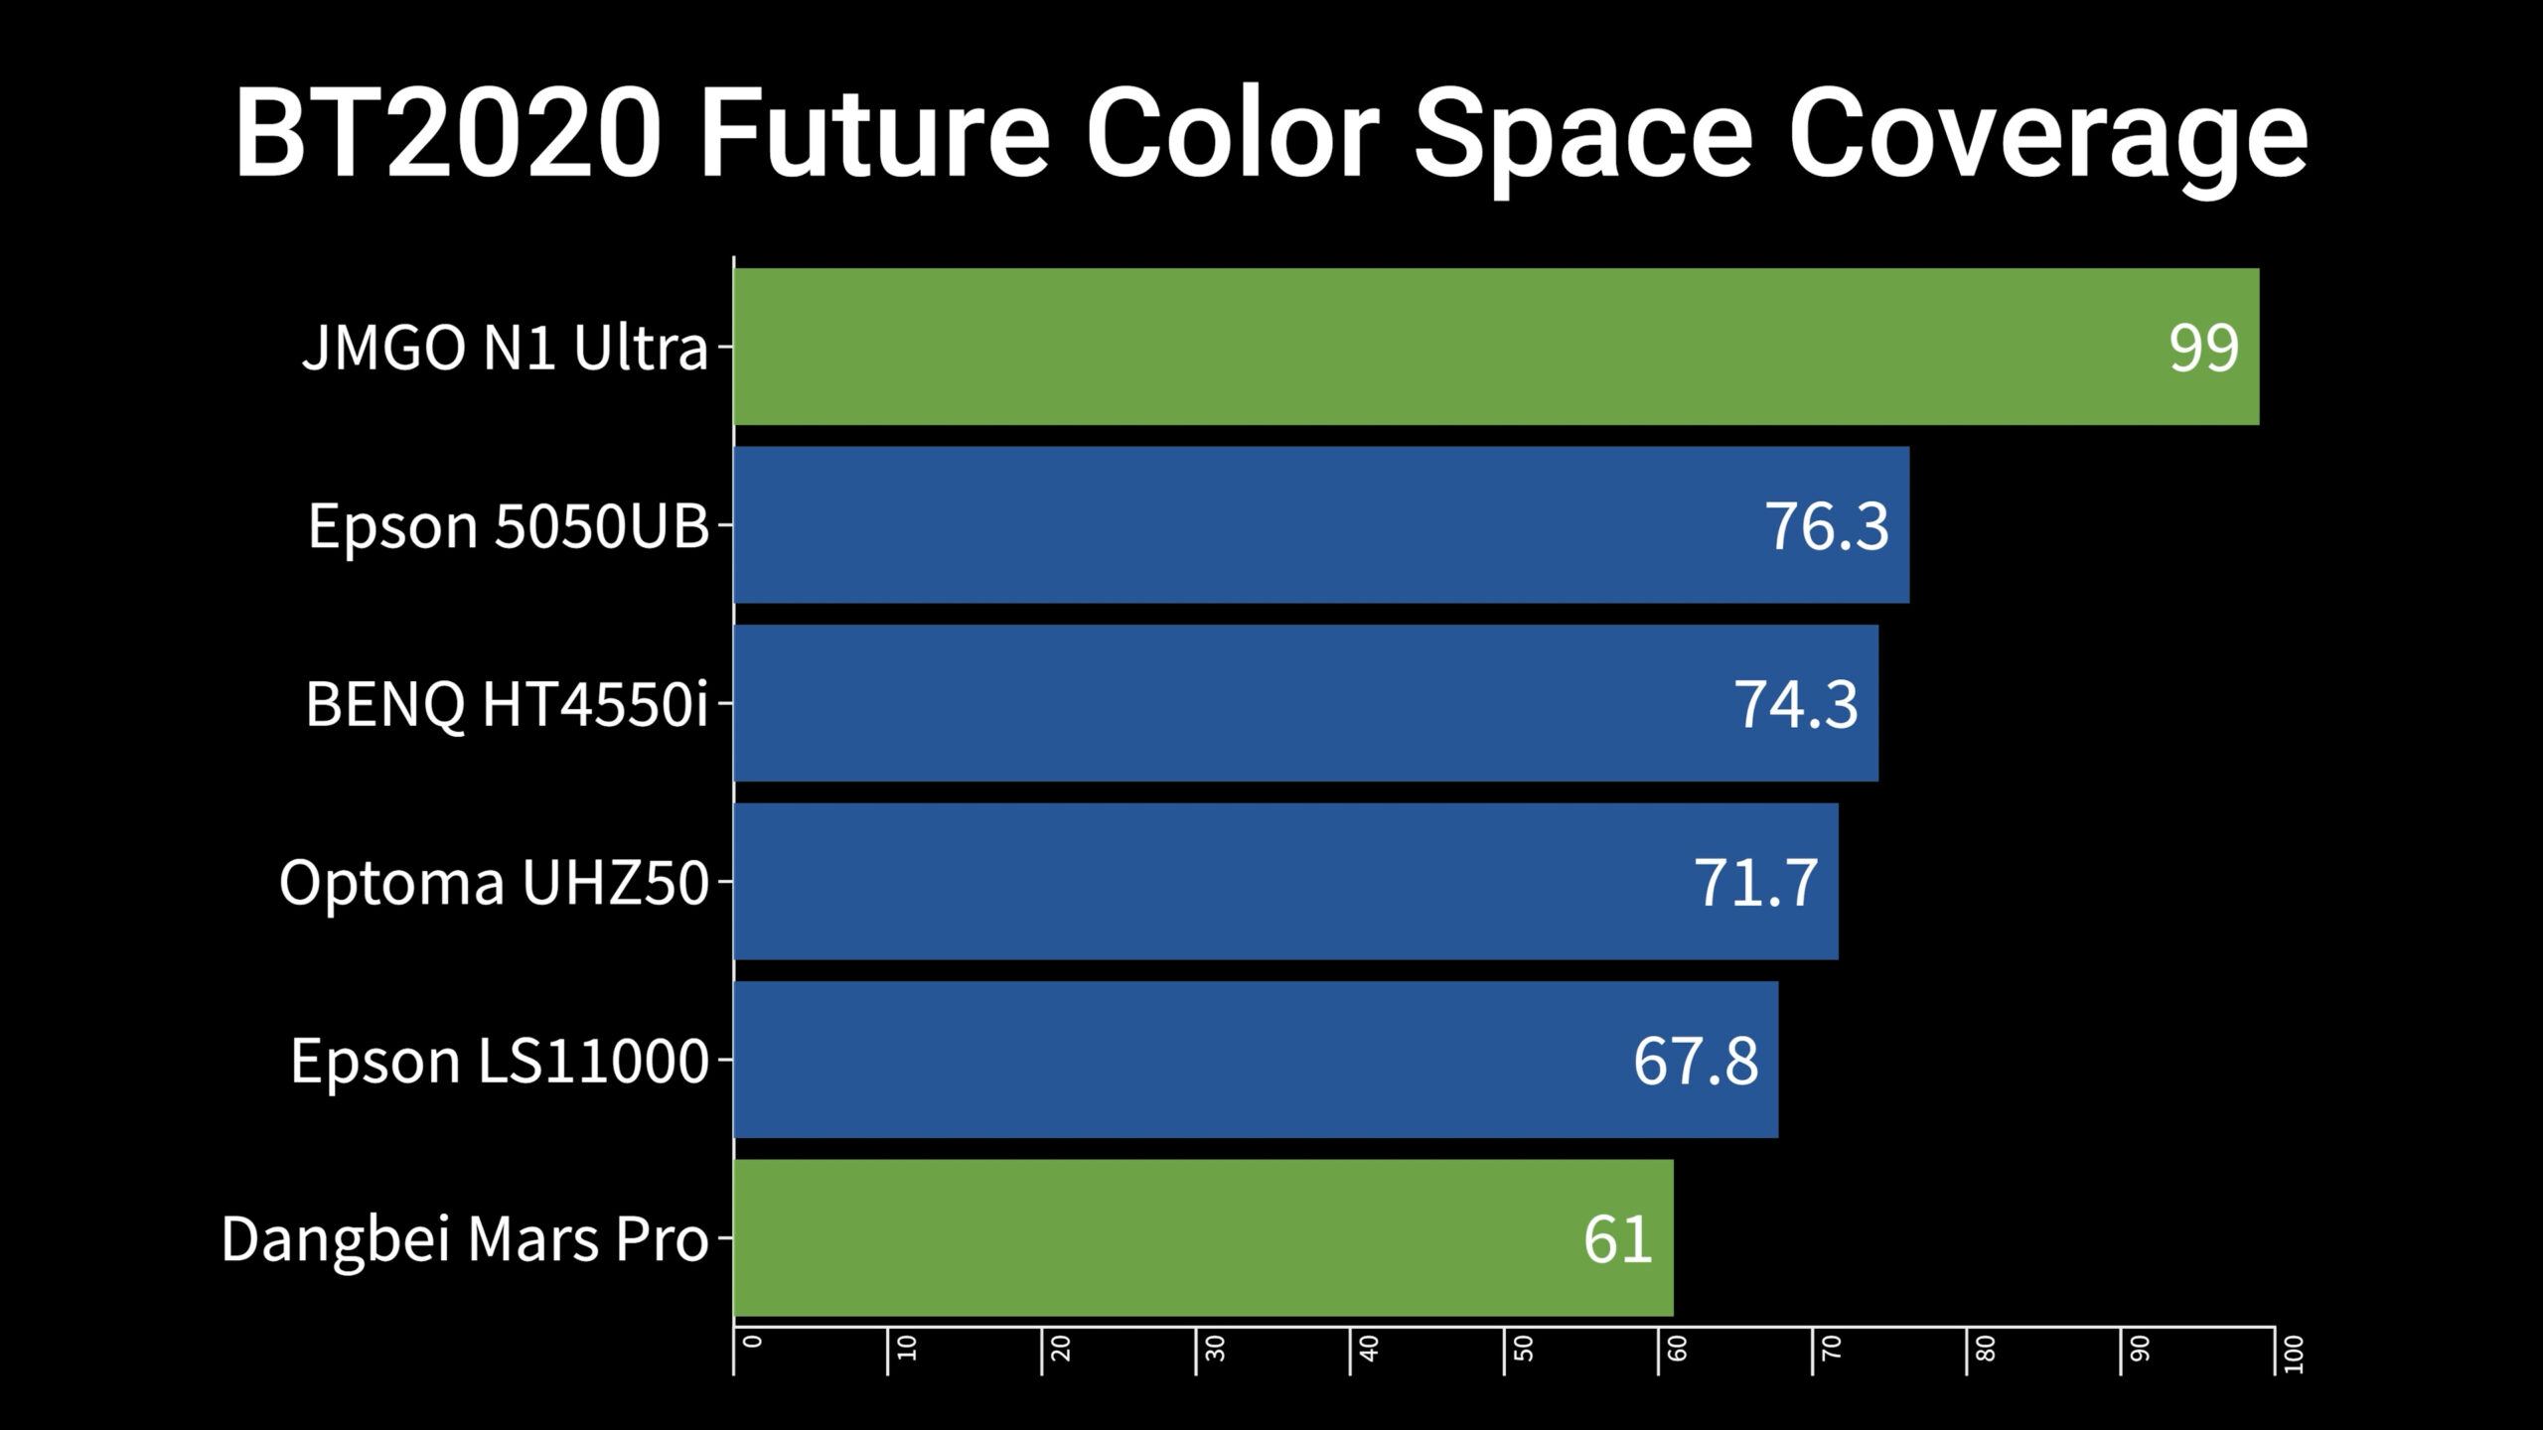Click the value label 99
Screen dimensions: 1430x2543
point(2203,348)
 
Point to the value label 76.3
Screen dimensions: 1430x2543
point(1826,525)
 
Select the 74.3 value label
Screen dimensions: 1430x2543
point(1795,704)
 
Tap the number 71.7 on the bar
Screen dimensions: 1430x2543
point(1755,882)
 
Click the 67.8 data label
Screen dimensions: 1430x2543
point(1695,1061)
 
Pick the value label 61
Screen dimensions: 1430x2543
point(1617,1239)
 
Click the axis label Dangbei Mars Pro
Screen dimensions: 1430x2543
point(465,1239)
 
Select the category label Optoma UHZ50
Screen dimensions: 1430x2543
point(494,882)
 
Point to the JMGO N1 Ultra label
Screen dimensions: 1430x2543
point(505,348)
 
